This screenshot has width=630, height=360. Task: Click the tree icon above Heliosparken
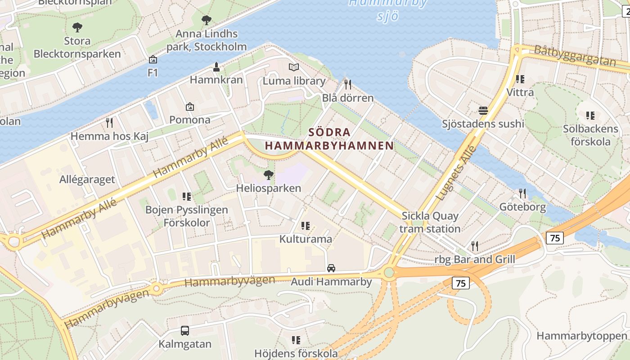[x=269, y=175]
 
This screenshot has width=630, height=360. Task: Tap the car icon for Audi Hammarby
[x=331, y=268]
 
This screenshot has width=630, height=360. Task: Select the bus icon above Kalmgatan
[x=184, y=331]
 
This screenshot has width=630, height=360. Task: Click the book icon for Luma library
[x=294, y=67]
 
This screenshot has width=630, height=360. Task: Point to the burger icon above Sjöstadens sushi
[x=483, y=110]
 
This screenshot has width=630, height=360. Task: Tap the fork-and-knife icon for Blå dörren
[x=347, y=84]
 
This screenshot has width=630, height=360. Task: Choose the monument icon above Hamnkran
[x=216, y=67]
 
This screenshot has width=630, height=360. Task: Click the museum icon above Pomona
[x=190, y=107]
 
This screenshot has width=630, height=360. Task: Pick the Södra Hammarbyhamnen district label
[x=329, y=139]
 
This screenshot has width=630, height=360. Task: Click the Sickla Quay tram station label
[x=430, y=222]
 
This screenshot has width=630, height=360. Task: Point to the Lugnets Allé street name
[x=456, y=173]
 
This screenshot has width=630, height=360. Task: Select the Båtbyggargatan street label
[x=575, y=56]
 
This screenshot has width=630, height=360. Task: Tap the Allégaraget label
[x=87, y=180]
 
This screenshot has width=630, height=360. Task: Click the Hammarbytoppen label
[x=582, y=336]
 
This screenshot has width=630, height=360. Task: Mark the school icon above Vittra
[x=520, y=79]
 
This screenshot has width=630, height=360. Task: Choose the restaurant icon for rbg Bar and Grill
[x=475, y=246]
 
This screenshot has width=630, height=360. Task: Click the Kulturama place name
[x=306, y=239]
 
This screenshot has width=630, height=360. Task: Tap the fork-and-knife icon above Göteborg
[x=522, y=193]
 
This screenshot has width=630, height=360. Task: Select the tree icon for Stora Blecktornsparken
[x=77, y=27]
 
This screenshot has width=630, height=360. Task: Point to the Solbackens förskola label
[x=591, y=135]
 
